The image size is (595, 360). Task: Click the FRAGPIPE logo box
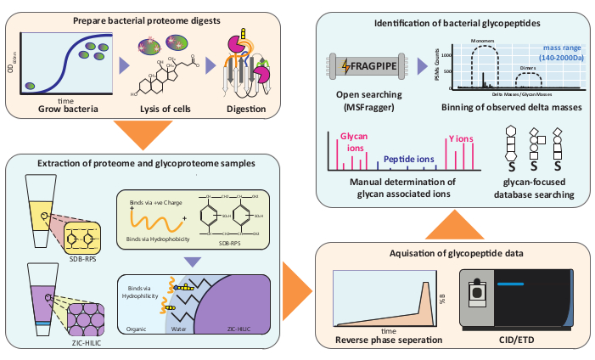coord(366,65)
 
